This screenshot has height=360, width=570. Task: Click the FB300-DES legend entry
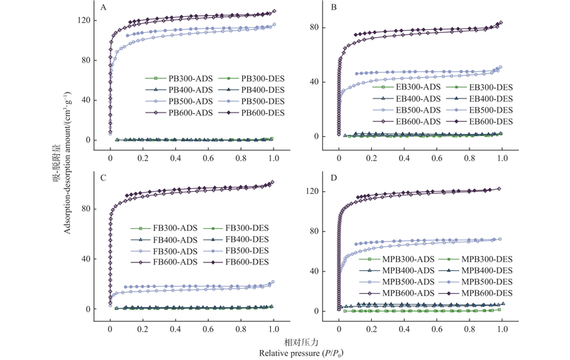coord(249,228)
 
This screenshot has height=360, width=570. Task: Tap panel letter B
coord(334,8)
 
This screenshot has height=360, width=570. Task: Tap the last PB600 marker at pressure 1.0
coord(274,11)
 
